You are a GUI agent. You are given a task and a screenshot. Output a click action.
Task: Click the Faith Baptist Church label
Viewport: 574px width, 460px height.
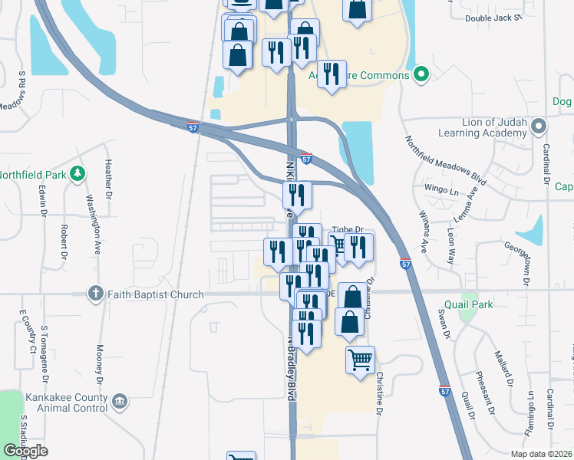tap(156, 294)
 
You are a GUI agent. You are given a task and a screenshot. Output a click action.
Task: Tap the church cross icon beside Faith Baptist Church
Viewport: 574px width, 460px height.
tap(96, 294)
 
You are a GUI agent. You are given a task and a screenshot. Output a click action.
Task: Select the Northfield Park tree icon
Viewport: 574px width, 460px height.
tap(77, 175)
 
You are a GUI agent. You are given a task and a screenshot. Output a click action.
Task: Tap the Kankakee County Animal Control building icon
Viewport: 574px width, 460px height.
tap(119, 401)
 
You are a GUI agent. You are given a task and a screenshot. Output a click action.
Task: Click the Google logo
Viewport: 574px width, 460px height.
tap(25, 452)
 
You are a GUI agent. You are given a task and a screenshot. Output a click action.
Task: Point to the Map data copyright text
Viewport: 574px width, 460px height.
tap(542, 454)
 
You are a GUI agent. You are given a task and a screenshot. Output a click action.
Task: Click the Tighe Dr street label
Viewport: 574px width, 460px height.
tap(348, 228)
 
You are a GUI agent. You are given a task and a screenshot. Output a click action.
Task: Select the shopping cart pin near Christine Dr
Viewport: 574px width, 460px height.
tap(361, 359)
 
